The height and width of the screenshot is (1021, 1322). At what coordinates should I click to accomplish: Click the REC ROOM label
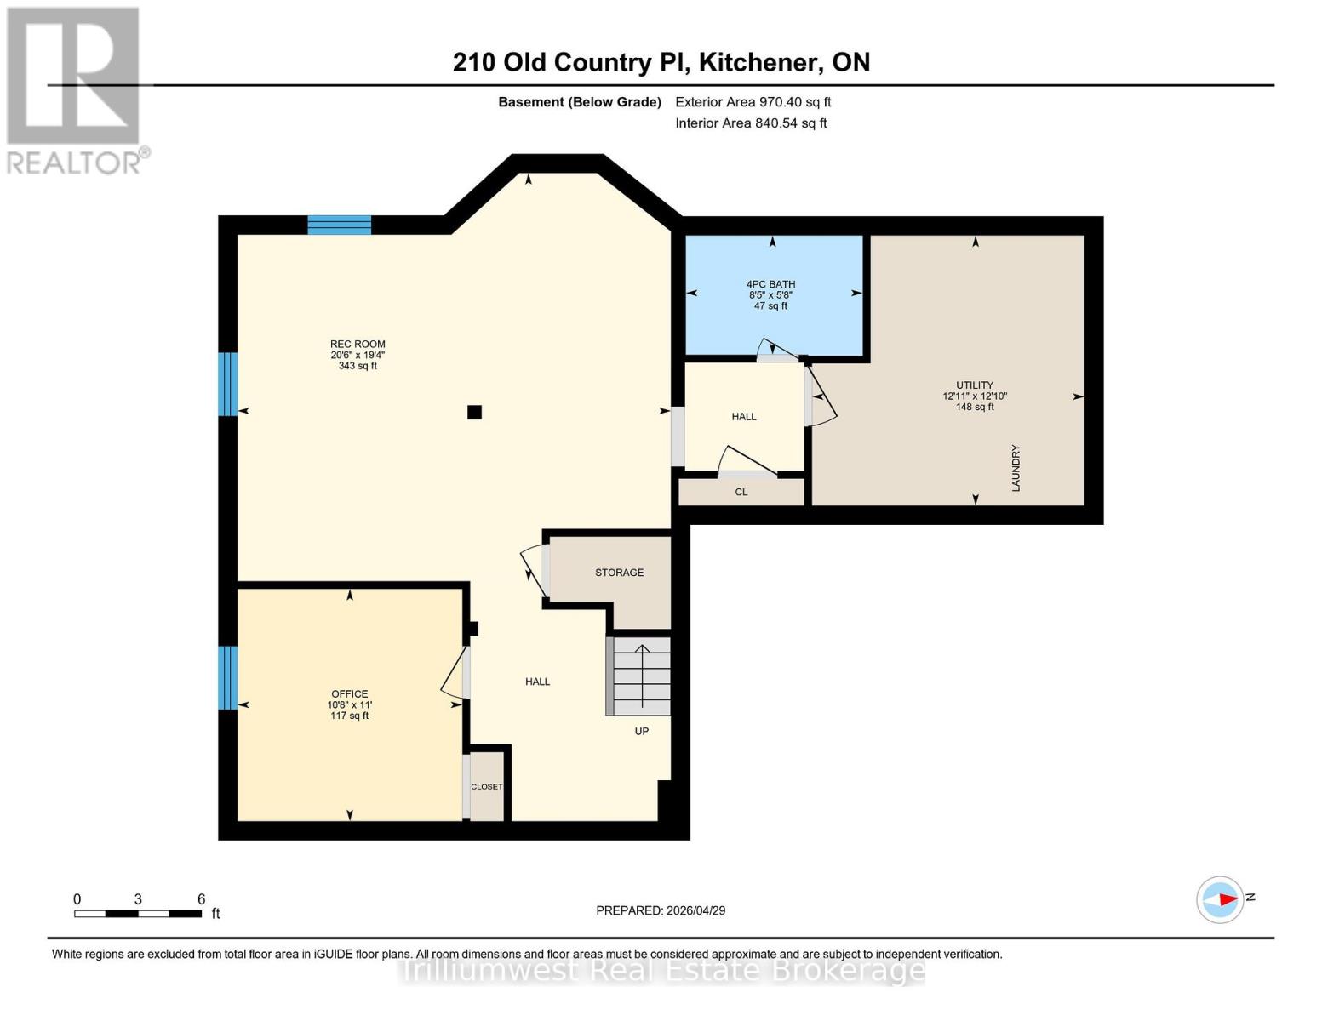pyautogui.click(x=358, y=345)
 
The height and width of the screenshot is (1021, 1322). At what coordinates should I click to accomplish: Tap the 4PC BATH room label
pyautogui.click(x=770, y=284)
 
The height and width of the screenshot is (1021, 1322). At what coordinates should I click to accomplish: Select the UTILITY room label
pyautogui.click(x=975, y=385)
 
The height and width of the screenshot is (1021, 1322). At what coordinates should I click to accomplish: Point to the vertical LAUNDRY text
pyautogui.click(x=1016, y=468)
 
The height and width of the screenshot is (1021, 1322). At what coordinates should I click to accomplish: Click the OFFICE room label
pyautogui.click(x=350, y=694)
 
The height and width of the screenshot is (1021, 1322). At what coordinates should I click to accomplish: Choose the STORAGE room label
pyautogui.click(x=619, y=573)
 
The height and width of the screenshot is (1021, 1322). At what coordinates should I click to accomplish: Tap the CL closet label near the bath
pyautogui.click(x=741, y=493)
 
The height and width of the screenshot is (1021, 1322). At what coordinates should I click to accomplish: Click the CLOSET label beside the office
pyautogui.click(x=487, y=787)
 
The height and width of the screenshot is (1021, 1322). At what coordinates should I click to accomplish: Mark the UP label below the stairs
pyautogui.click(x=642, y=731)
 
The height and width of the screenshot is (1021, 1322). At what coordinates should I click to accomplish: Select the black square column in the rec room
pyautogui.click(x=475, y=413)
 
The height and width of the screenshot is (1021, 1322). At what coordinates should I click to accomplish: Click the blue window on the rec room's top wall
pyautogui.click(x=339, y=225)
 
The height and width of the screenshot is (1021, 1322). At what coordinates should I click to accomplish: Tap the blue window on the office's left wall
pyautogui.click(x=227, y=678)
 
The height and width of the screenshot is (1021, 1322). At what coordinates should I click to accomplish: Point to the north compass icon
pyautogui.click(x=1221, y=899)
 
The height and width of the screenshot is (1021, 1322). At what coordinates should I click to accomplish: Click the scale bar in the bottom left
pyautogui.click(x=138, y=914)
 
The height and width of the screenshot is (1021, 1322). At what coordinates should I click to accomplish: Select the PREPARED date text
pyautogui.click(x=661, y=910)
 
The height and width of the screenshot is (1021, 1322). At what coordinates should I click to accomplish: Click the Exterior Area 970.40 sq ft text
pyautogui.click(x=753, y=102)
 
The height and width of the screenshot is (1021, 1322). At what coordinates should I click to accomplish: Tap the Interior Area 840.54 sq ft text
pyautogui.click(x=751, y=123)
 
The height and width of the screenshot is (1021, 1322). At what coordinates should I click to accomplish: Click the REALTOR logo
pyautogui.click(x=75, y=89)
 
